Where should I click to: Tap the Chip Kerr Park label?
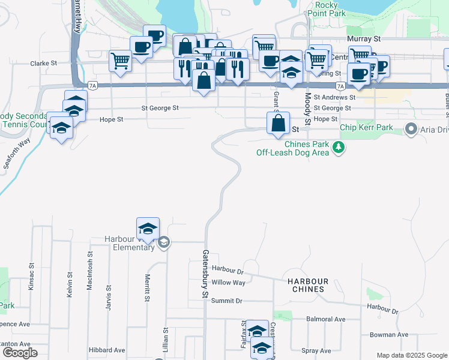click(366, 127)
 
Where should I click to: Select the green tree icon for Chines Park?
click(339, 147)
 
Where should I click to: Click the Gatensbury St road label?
click(205, 274)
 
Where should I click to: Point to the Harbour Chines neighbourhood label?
click(307, 285)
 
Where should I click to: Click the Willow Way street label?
click(229, 282)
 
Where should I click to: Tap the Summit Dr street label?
click(226, 301)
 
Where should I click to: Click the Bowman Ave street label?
click(389, 334)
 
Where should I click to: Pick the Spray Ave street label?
click(318, 350)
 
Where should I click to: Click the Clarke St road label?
click(44, 62)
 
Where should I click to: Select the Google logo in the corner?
click(19, 353)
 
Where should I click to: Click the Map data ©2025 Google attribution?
click(411, 355)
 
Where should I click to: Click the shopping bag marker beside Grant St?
click(279, 124)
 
